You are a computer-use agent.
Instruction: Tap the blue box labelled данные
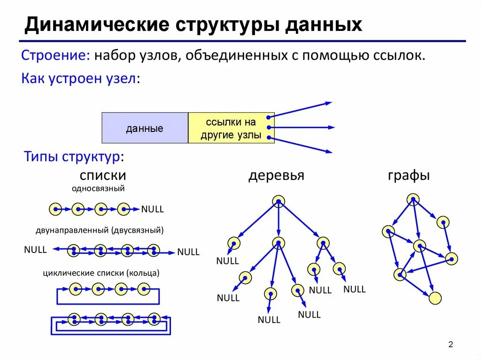pyautogui.click(x=145, y=128)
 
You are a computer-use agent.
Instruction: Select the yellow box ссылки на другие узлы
pyautogui.click(x=231, y=128)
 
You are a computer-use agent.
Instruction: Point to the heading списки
pyautogui.click(x=103, y=176)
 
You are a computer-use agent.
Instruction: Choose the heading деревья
pyautogui.click(x=276, y=176)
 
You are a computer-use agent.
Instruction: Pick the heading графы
pyautogui.click(x=409, y=176)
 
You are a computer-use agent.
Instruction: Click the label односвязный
pyautogui.click(x=98, y=189)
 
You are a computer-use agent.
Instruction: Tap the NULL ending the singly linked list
pyautogui.click(x=152, y=209)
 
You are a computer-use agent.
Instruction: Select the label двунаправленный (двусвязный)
pyautogui.click(x=100, y=230)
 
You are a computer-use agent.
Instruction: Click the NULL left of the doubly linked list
pyautogui.click(x=35, y=250)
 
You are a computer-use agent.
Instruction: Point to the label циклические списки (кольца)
pyautogui.click(x=101, y=273)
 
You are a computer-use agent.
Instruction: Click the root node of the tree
pyautogui.click(x=278, y=201)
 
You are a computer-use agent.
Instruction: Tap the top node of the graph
pyautogui.click(x=413, y=200)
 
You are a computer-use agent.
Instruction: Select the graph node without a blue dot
pyautogui.click(x=435, y=298)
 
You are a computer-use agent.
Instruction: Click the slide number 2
pyautogui.click(x=450, y=345)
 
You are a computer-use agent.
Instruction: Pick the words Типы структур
pyautogui.click(x=74, y=157)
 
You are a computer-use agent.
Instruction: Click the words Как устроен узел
pyautogui.click(x=81, y=78)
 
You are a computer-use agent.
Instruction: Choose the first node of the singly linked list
pyautogui.click(x=55, y=209)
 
